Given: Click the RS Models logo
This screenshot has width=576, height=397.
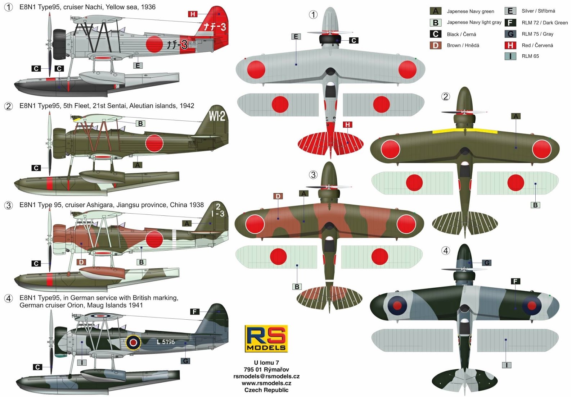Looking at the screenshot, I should [x=266, y=338].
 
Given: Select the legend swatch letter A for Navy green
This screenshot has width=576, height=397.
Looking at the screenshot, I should [x=436, y=11].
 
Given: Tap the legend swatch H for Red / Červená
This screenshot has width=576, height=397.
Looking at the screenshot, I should [x=510, y=45].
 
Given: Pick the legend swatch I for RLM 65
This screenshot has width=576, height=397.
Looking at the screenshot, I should [x=510, y=56].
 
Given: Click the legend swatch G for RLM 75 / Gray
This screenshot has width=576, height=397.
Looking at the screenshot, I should [x=510, y=34].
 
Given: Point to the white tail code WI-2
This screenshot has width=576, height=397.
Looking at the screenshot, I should [x=217, y=116].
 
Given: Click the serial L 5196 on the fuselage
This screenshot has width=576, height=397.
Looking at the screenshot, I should [x=166, y=342].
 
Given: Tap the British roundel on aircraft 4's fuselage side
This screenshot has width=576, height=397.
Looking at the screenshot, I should [x=133, y=342].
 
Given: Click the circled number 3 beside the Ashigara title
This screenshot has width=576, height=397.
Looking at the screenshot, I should [x=8, y=205].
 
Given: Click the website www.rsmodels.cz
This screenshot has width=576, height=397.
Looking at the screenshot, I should [x=266, y=383].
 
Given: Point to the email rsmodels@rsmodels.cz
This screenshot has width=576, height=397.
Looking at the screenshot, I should [x=266, y=376].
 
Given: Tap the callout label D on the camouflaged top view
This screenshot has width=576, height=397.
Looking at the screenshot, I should [x=278, y=196].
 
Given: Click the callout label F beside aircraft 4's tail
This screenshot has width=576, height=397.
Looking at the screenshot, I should [x=195, y=312].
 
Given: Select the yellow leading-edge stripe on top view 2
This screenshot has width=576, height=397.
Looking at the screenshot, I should [x=464, y=131].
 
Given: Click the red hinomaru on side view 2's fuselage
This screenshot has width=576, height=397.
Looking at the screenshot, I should [x=154, y=143].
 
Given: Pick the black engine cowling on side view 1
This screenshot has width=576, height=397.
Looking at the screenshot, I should [x=59, y=44].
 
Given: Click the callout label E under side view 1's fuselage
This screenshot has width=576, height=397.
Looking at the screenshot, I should [x=138, y=65].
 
